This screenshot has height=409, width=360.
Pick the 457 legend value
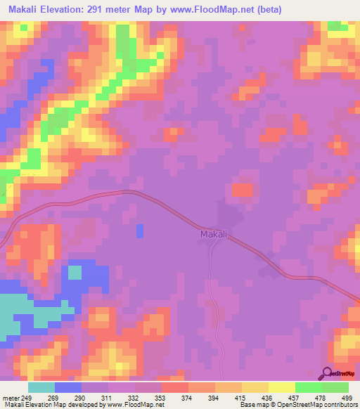coord(286,397)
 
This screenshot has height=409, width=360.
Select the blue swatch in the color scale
coord(68,387)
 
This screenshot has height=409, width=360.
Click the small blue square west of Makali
coord(139,231)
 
